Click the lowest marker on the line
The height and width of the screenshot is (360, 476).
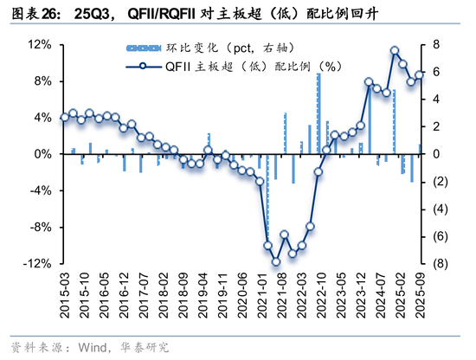(x=276, y=262)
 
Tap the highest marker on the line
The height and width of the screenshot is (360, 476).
(x=395, y=51)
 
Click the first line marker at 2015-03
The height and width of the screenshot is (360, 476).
(x=64, y=117)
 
